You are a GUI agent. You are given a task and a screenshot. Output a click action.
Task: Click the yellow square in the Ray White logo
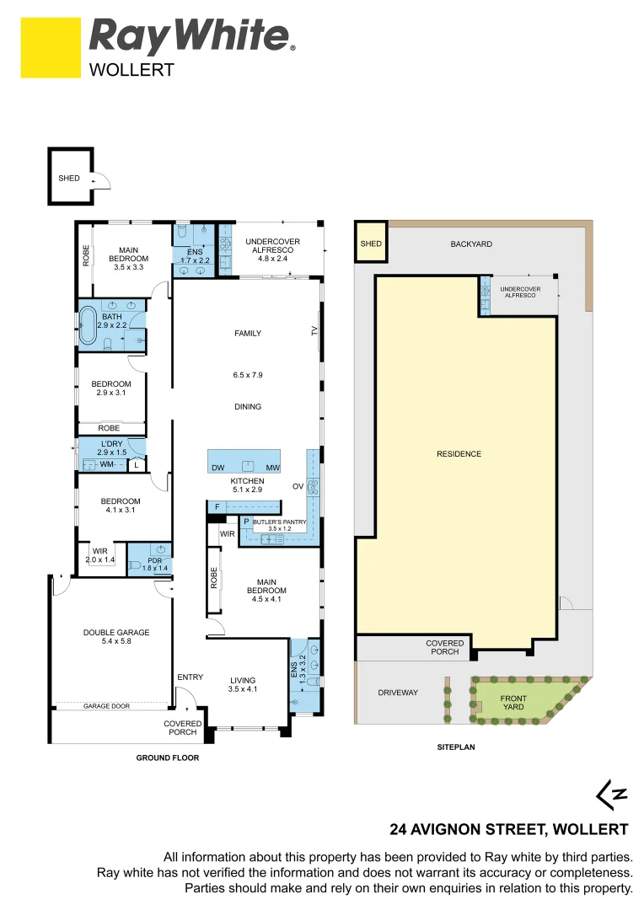pos(51,49)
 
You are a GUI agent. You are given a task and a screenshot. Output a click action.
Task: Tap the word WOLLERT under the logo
pos(131,70)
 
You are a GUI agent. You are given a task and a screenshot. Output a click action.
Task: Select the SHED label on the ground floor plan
pos(69,179)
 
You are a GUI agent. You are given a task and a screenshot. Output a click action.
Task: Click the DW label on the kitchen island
pos(217,467)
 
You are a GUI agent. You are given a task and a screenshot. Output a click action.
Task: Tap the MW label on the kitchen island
pos(271,467)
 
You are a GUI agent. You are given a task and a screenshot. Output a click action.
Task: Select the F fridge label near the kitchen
pos(217,506)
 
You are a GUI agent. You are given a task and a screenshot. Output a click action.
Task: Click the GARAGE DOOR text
pos(106,706)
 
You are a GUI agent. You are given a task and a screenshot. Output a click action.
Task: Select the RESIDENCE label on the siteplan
pos(459,454)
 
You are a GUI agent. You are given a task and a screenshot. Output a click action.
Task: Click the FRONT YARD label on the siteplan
pos(513,703)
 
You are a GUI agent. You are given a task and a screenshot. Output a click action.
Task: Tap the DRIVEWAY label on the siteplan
pos(398,693)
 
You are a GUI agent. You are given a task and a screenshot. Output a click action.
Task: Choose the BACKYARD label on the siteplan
pos(470,244)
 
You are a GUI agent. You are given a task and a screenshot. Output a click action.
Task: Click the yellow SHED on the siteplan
pos(370,244)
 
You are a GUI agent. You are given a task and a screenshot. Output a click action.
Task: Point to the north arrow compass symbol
pos(612,793)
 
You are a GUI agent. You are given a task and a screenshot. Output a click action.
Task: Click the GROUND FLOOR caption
pos(168,757)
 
